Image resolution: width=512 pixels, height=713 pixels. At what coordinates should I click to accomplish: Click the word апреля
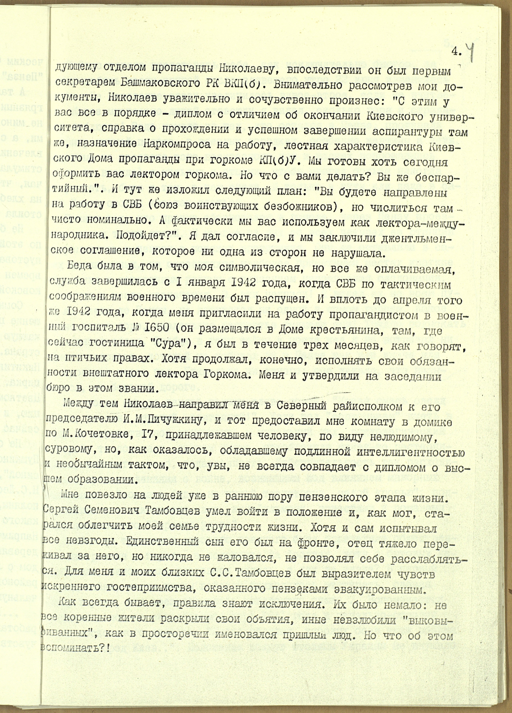point(412,300)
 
